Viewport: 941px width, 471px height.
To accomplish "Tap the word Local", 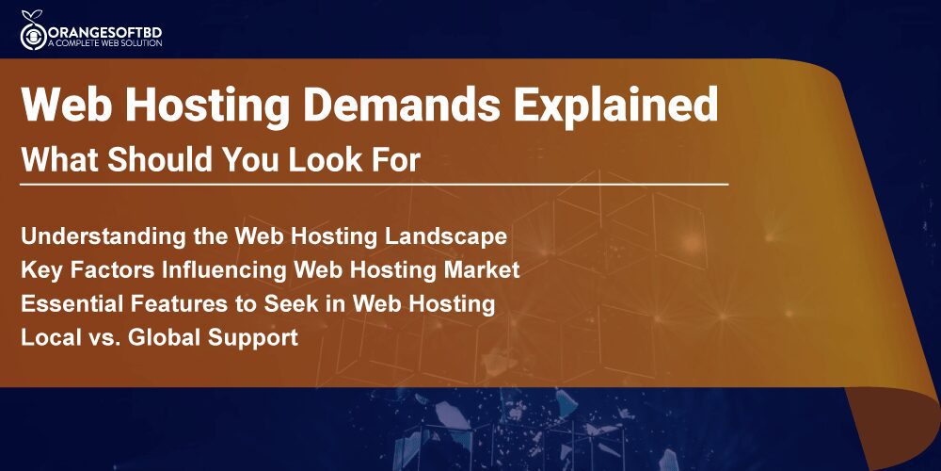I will pyautogui.click(x=50, y=337).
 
